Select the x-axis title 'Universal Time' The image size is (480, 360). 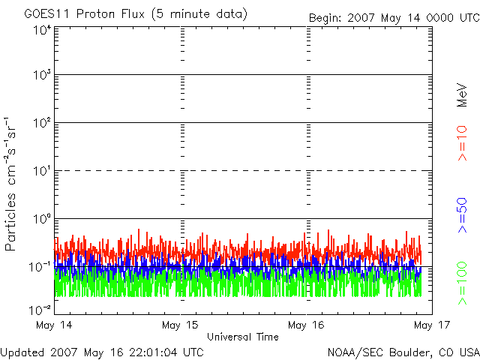[x=242, y=337]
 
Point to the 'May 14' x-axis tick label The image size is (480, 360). [x=55, y=325]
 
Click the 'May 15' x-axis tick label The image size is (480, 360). [x=182, y=325]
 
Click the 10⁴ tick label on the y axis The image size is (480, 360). [x=41, y=30]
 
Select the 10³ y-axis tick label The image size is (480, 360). [x=41, y=76]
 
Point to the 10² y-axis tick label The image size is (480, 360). [x=41, y=124]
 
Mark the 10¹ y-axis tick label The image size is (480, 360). [x=41, y=172]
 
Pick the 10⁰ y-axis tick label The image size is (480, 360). [x=41, y=220]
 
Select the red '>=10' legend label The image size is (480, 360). [x=463, y=142]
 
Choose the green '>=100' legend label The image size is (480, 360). [x=463, y=283]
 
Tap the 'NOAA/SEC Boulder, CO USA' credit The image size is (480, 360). [x=403, y=352]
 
